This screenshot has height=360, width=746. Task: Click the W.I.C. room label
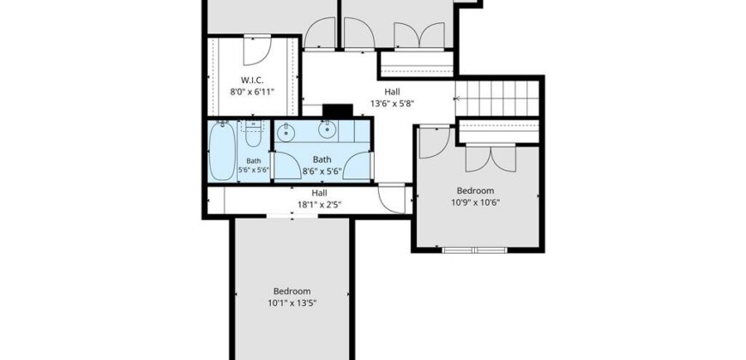pos(252,80)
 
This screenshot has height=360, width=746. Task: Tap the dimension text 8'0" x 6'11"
pos(252,92)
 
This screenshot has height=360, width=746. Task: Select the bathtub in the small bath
pos(222,151)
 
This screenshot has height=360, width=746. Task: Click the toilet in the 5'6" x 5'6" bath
pos(253,134)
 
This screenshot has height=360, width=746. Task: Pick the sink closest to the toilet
pos(286,133)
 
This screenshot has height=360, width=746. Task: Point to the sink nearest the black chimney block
pos(328,129)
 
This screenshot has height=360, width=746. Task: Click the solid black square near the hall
pos(337,111)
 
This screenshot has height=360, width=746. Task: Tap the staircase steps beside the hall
pos(496,99)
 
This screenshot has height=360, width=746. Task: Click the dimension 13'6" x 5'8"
pos(392,103)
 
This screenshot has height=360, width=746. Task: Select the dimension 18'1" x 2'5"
pos(320,205)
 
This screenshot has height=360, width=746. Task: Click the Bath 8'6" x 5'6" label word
pos(322,159)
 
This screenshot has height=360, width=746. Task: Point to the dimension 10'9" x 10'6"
pos(475,202)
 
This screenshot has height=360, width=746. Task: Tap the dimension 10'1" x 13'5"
pos(292,303)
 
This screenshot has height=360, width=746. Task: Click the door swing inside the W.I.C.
pos(257,51)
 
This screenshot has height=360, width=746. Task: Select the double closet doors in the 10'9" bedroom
pos(490,158)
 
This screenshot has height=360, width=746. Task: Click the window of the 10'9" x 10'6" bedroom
pos(475,249)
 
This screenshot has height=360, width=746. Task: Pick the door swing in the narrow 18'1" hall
pos(392,199)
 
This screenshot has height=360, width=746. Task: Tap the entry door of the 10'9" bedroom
pos(435,142)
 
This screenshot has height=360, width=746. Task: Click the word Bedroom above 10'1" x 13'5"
pos(292,291)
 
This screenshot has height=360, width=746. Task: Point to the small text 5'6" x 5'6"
pos(254,170)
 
